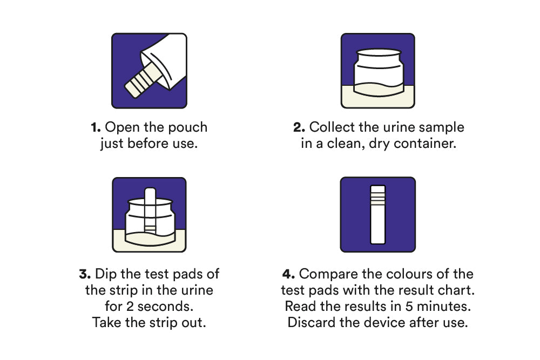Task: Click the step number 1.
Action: (96, 127)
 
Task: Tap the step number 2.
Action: (299, 127)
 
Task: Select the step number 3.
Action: (85, 274)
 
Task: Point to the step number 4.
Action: (288, 274)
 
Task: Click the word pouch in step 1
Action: (188, 128)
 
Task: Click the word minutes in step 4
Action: (444, 307)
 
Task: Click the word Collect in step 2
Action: (332, 127)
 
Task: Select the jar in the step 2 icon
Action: (378, 72)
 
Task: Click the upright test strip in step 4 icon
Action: (378, 215)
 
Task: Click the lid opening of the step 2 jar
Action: (379, 53)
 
